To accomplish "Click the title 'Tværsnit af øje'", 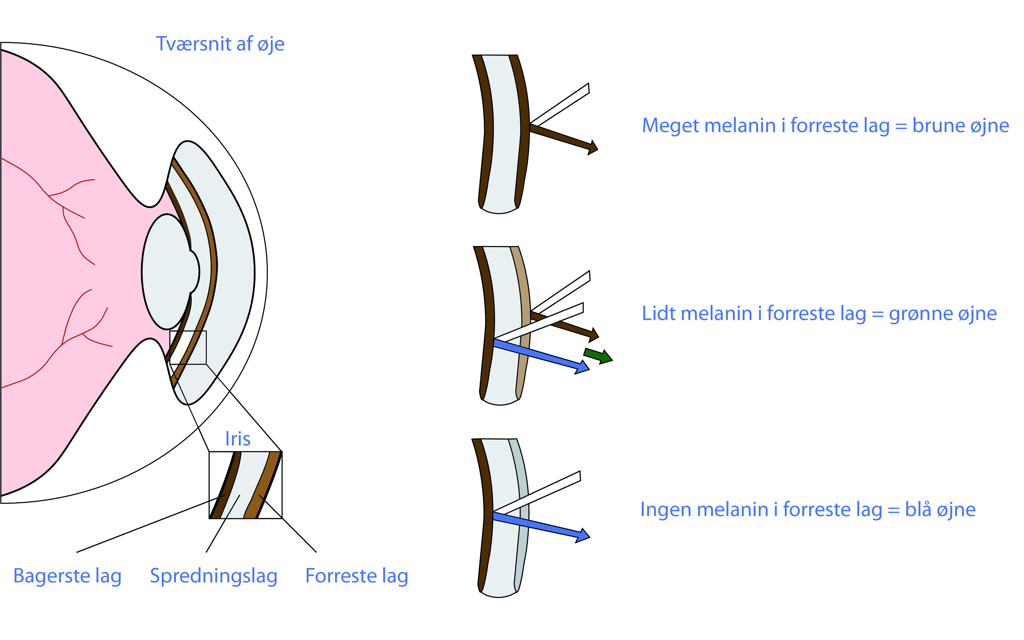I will [220, 44].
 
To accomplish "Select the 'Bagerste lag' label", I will [67, 576].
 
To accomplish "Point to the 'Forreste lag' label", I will [357, 576].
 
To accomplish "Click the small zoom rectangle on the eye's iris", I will [188, 347].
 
